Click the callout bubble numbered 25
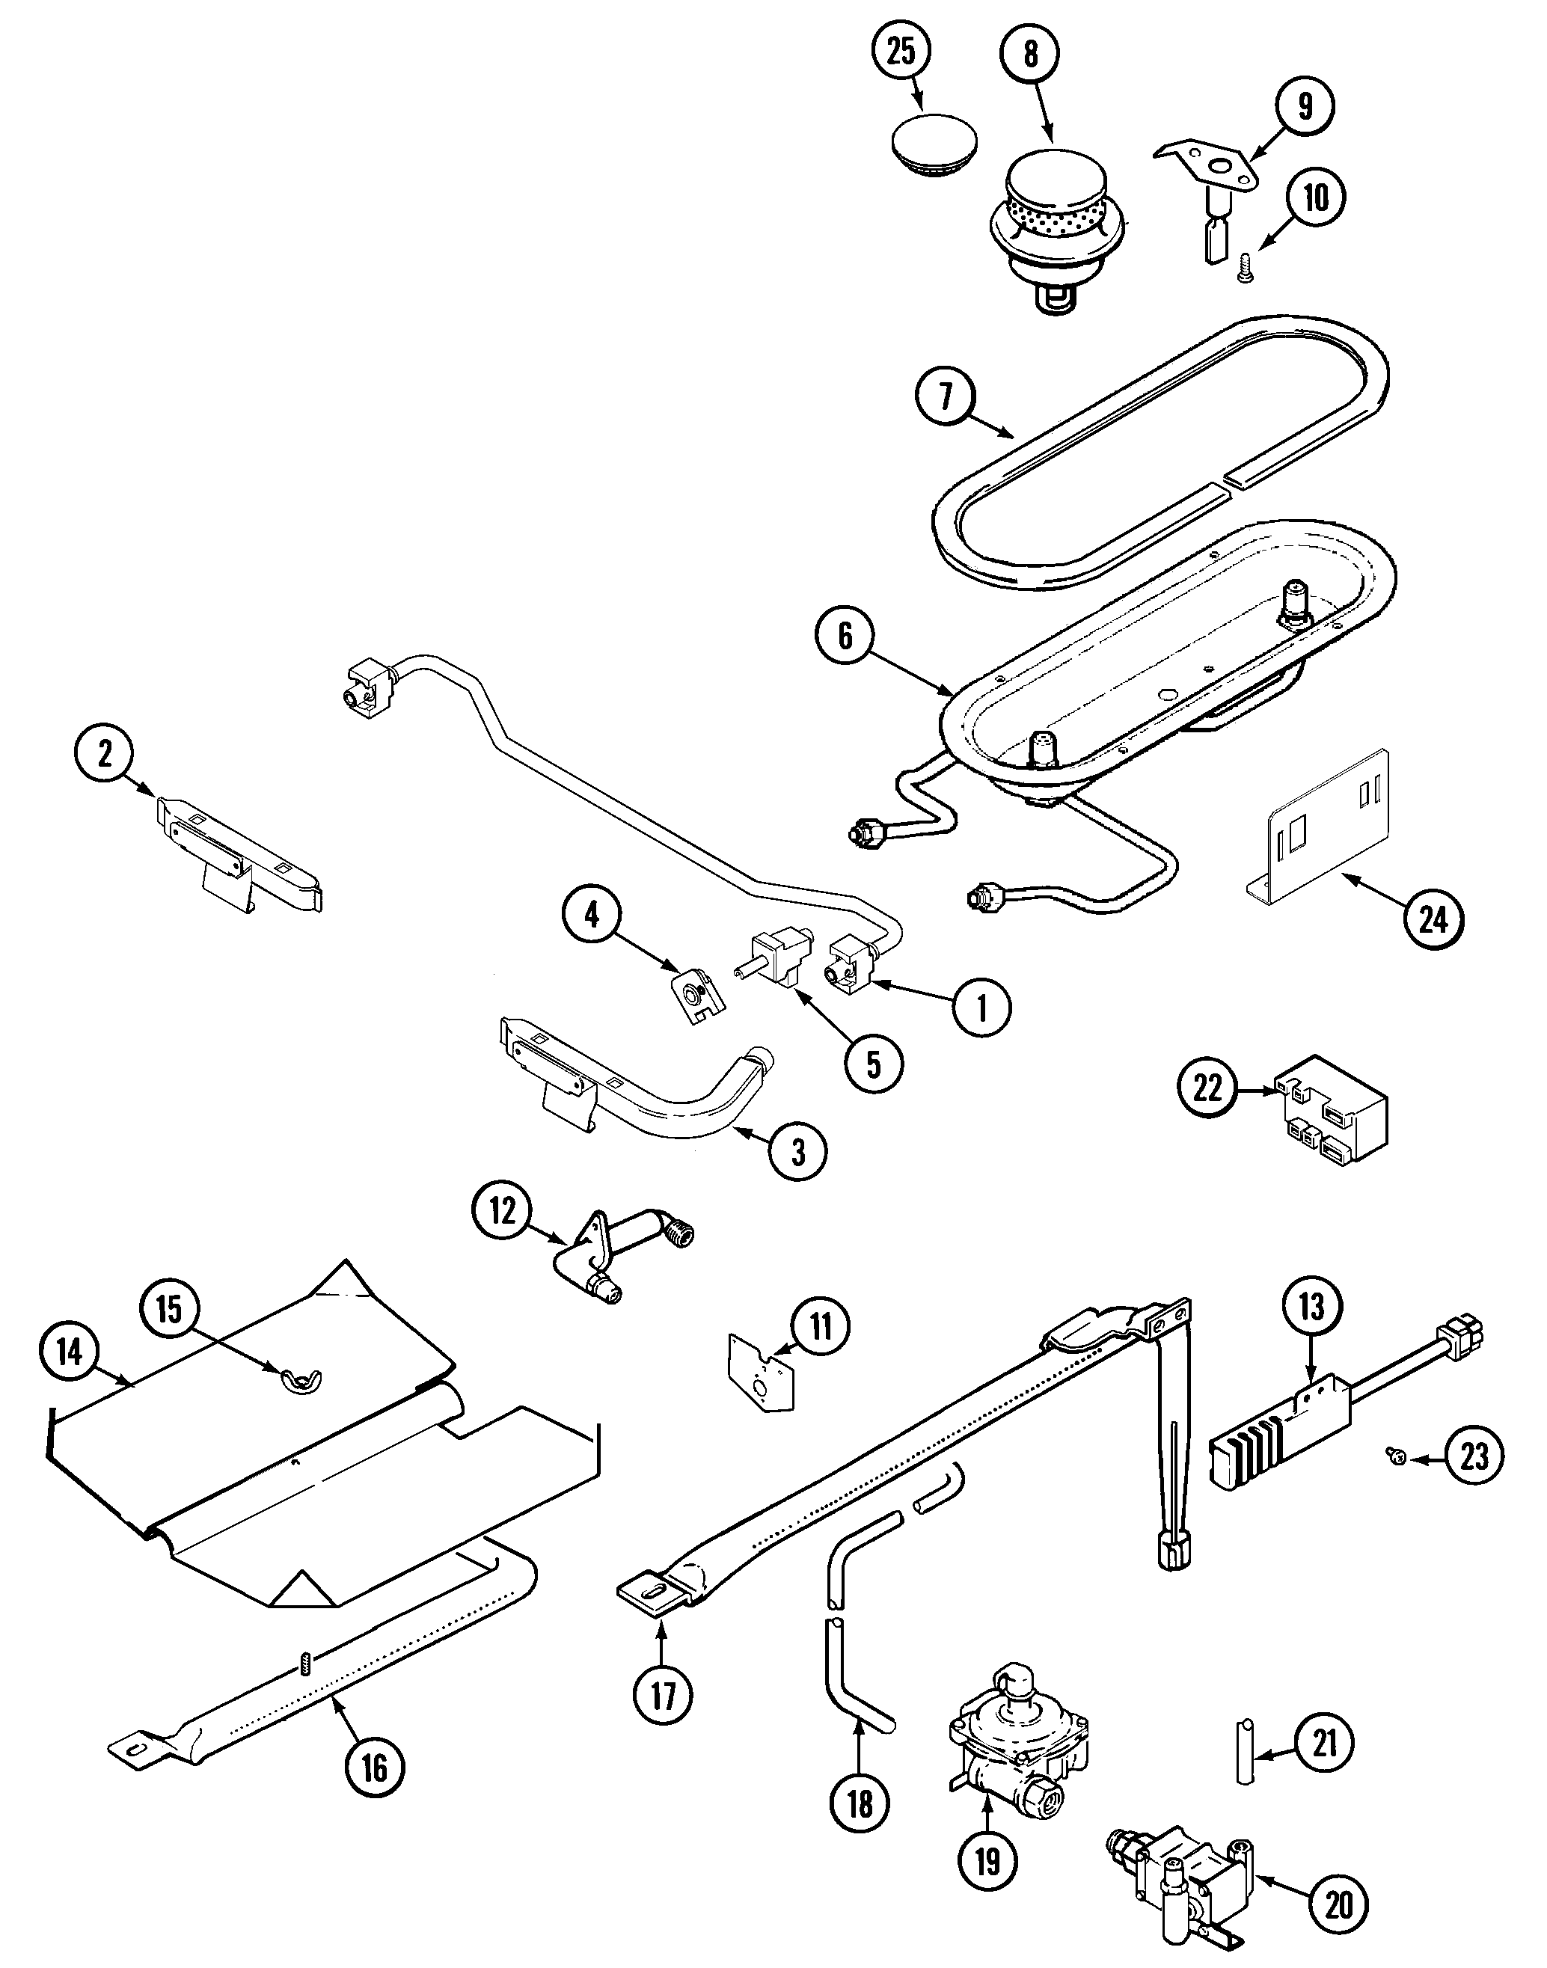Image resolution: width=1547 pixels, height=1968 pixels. pos(901,52)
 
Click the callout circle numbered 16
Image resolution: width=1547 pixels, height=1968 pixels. pos(374,1766)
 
